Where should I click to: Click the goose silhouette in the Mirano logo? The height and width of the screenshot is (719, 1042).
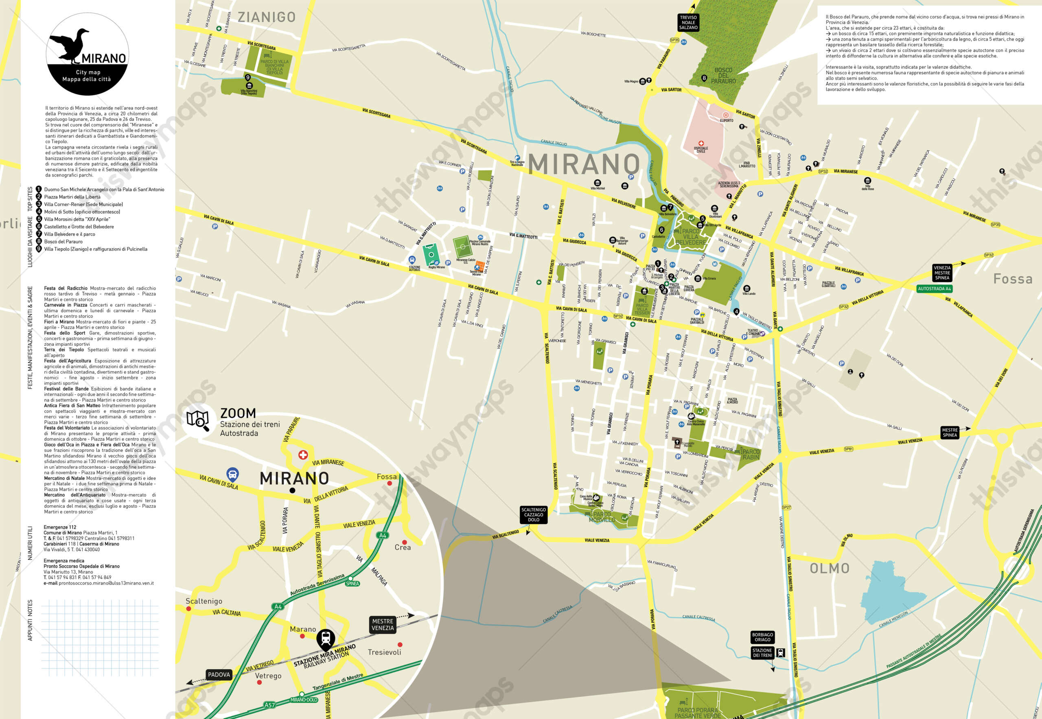click(70, 45)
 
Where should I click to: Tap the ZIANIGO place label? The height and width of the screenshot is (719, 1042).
click(266, 17)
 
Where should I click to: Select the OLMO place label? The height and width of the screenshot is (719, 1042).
click(829, 568)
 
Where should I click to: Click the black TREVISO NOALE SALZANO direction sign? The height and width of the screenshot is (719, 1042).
click(688, 22)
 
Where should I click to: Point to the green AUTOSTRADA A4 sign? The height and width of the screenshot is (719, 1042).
click(934, 289)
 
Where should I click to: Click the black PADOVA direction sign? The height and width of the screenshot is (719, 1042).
click(219, 674)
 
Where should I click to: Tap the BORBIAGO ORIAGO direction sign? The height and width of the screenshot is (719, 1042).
click(762, 637)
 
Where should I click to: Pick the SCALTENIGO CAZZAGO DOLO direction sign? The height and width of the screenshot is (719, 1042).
click(534, 514)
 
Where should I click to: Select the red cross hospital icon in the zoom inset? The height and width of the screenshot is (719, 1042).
click(303, 455)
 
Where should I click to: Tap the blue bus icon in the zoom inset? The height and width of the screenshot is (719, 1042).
click(232, 474)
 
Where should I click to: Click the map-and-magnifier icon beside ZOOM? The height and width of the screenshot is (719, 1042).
click(198, 420)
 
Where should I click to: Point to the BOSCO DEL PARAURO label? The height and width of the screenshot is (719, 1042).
click(723, 76)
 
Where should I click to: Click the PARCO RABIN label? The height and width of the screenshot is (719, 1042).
click(751, 454)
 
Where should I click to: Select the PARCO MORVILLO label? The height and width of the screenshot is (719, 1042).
click(602, 517)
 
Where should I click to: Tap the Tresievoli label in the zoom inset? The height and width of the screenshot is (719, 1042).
click(384, 652)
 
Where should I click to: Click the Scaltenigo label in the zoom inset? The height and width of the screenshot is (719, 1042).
click(204, 601)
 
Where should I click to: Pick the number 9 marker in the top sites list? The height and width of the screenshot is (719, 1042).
click(39, 249)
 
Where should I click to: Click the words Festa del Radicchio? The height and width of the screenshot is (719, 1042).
click(66, 288)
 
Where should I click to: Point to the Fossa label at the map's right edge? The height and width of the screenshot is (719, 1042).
click(1013, 279)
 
